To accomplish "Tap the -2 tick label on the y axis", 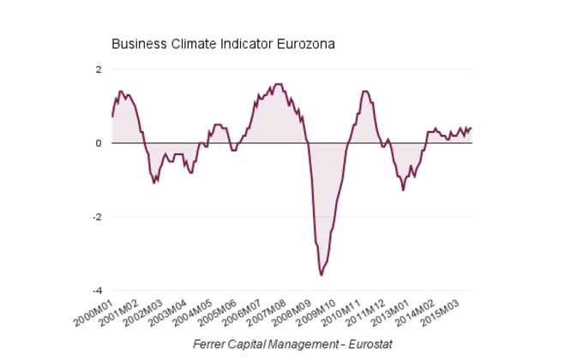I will [x=96, y=217].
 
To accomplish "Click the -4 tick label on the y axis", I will [x=96, y=291].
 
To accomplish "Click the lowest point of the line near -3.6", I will [x=322, y=275].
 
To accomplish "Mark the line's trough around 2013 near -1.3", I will [x=403, y=189].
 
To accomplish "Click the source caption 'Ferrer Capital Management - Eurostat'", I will [x=292, y=344].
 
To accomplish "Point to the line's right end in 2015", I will [x=472, y=128].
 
